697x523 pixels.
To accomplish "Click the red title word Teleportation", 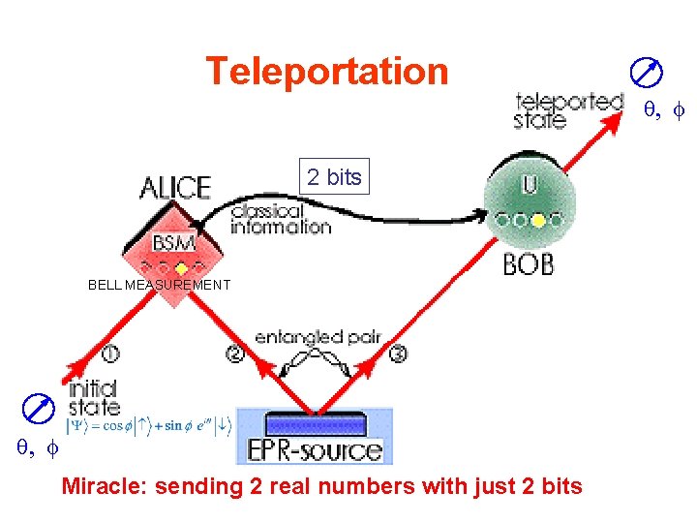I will click(327, 72).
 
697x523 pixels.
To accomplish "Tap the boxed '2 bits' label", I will click(334, 176).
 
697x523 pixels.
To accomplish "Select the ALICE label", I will click(175, 187).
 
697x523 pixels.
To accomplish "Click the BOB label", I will click(529, 262).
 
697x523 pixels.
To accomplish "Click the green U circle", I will click(530, 203).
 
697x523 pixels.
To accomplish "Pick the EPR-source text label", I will click(316, 449).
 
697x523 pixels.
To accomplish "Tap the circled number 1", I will click(111, 353).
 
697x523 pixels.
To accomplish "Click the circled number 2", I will click(234, 354).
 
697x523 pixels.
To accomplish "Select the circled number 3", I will click(398, 354).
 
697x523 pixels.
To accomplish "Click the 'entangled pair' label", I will click(318, 337).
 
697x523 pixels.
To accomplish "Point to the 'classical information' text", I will click(281, 219).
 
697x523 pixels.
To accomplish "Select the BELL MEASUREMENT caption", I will click(160, 285).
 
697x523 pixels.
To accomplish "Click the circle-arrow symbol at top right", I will click(646, 72).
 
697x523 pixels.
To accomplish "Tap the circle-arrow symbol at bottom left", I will click(40, 410).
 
